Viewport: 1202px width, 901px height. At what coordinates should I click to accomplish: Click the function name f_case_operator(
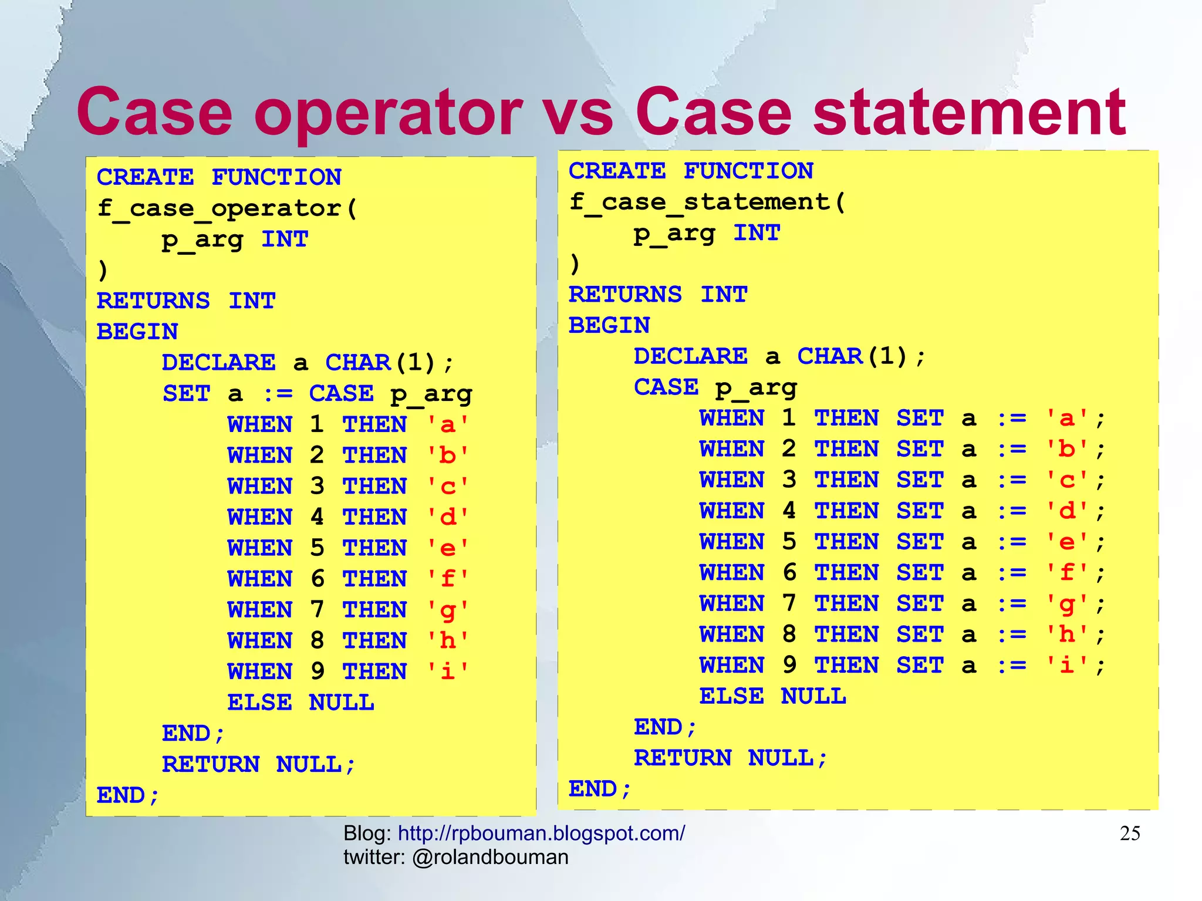(x=227, y=208)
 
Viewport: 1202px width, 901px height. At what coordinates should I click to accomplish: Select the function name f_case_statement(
(x=707, y=203)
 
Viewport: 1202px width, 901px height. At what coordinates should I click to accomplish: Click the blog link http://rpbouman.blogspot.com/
(x=541, y=833)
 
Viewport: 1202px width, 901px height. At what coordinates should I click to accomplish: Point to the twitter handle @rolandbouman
(x=490, y=858)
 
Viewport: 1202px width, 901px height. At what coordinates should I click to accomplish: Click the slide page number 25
(x=1130, y=833)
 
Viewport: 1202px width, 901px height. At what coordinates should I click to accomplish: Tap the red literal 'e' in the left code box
(x=448, y=548)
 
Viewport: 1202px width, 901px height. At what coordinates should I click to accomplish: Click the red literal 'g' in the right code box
(x=1067, y=604)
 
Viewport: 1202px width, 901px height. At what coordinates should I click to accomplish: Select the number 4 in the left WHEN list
(x=317, y=517)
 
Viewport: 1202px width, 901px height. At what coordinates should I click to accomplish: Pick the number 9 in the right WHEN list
(x=789, y=666)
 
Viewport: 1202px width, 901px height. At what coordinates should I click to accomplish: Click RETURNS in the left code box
(x=153, y=301)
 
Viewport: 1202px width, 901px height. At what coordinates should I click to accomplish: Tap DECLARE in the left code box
(x=218, y=363)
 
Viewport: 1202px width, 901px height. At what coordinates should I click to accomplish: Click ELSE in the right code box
(x=731, y=697)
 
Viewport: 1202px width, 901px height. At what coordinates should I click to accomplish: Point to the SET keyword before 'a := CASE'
(x=186, y=394)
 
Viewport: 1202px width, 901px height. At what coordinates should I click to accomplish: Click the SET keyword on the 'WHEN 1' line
(x=920, y=419)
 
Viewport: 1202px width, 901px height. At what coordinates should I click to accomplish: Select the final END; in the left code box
(x=127, y=796)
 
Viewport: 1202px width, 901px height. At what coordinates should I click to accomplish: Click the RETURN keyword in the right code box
(x=683, y=758)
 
